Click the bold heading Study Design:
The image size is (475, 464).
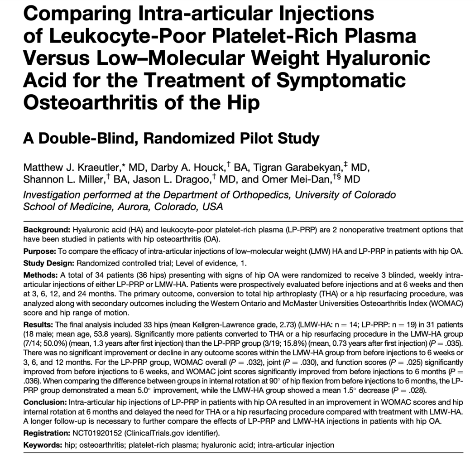pos(48,262)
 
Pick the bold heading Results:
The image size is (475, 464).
pos(38,325)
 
